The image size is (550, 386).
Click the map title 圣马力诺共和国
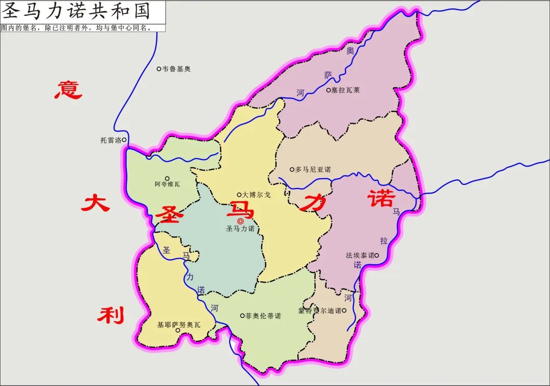(x=76, y=11)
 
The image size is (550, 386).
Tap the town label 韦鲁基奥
(x=176, y=69)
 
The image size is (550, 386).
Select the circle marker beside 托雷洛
(x=124, y=140)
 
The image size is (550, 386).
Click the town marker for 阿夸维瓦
(x=167, y=178)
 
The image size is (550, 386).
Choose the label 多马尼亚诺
(x=313, y=170)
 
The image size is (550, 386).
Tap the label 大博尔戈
(x=256, y=195)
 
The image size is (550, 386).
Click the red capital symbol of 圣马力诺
(x=240, y=221)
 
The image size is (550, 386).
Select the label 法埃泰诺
(x=360, y=255)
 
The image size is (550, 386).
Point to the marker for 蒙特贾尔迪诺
(x=344, y=310)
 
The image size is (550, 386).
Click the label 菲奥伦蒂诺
(x=263, y=316)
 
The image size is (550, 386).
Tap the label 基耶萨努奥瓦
(x=179, y=324)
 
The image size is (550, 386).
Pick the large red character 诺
(x=382, y=198)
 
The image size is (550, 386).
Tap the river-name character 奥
(x=350, y=51)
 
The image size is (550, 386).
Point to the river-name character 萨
(x=328, y=75)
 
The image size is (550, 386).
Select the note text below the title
(x=76, y=28)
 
